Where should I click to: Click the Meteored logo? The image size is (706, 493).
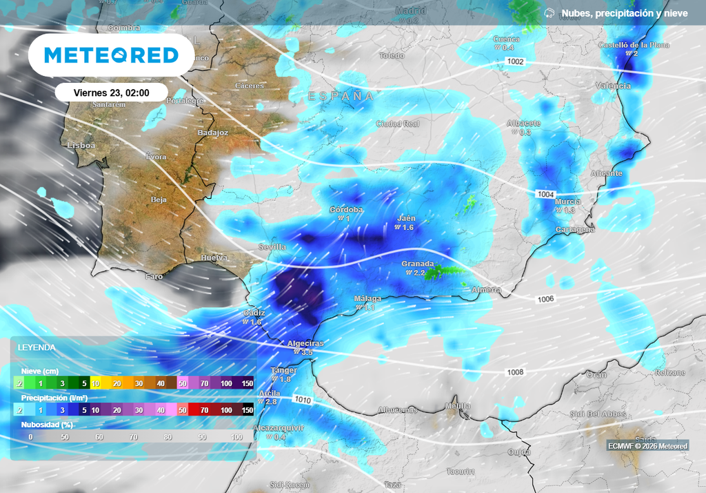[111, 55]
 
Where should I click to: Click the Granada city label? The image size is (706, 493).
[418, 264]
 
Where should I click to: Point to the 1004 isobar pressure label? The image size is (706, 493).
[545, 194]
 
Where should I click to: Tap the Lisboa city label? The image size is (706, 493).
[81, 146]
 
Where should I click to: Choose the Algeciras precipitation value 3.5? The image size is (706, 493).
[306, 352]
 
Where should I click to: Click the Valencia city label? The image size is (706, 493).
[613, 86]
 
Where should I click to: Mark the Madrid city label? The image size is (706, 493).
[411, 11]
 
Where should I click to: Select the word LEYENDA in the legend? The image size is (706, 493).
[37, 347]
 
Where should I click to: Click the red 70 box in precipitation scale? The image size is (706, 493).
[205, 410]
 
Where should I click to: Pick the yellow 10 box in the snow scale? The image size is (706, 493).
[96, 383]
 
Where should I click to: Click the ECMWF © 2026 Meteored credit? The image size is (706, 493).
[647, 446]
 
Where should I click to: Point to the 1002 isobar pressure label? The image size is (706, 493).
[516, 61]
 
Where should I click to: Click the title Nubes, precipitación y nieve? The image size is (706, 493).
[625, 13]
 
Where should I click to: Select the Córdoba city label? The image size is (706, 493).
[346, 209]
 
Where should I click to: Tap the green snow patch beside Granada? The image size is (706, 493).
[441, 273]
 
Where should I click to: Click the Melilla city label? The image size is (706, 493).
[457, 405]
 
